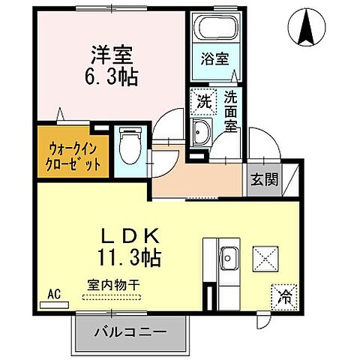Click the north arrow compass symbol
pos(307,27)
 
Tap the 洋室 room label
pos(112,54)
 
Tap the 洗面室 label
pos(232,112)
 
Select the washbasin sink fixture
pos(201,134)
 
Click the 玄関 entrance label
pos(262,179)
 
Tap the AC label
pos(54,293)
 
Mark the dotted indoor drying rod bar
pos(111,298)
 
